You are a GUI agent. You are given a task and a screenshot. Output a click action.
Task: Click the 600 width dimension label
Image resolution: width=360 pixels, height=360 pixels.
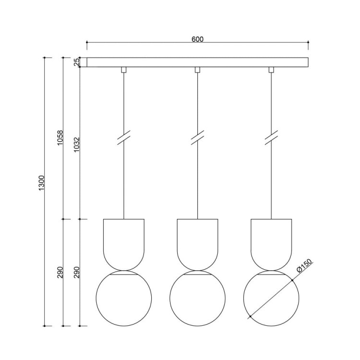coord(197,39)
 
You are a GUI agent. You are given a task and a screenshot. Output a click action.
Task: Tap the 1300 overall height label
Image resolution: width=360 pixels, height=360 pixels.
coord(41,183)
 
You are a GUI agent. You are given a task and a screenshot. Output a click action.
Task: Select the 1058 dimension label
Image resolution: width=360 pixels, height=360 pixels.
coord(60,138)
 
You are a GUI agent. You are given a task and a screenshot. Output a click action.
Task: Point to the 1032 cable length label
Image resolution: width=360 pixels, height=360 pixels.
coord(76,144)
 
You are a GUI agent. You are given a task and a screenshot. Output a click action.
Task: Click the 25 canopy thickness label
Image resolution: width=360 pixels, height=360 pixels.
coord(77,62)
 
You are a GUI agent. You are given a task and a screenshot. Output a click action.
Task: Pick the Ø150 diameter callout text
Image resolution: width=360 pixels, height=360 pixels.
coord(304,266)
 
